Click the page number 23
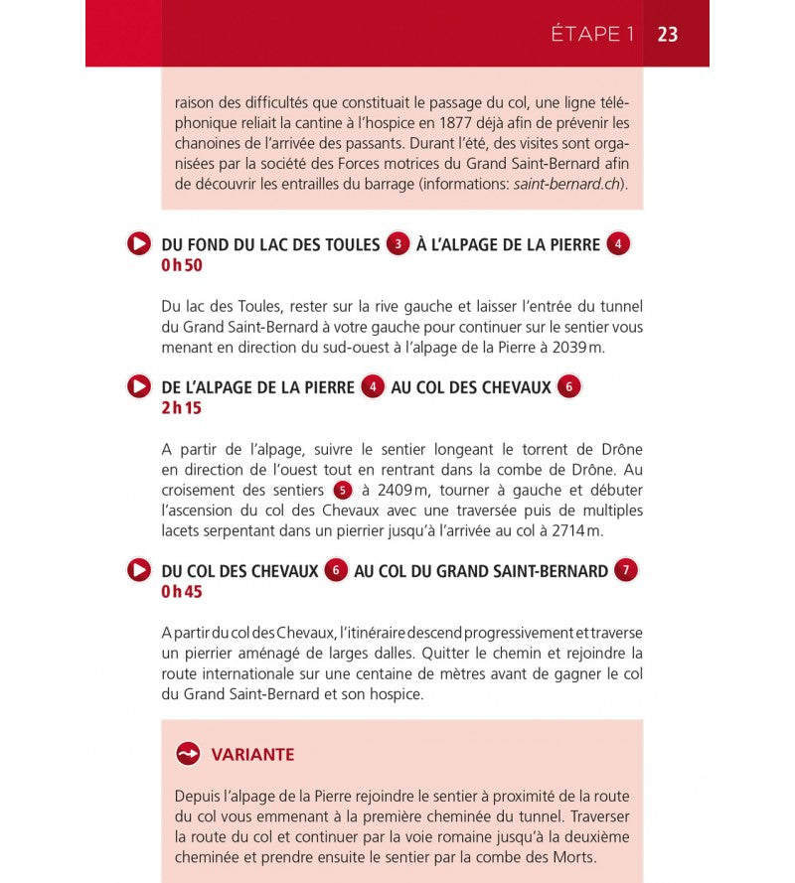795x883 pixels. (x=668, y=34)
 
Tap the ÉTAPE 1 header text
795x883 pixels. (x=592, y=34)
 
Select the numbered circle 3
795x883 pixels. (x=398, y=244)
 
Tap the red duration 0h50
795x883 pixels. (x=182, y=265)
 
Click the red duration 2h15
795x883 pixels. (x=182, y=408)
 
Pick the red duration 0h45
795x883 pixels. (x=182, y=592)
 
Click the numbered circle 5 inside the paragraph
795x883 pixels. (x=343, y=490)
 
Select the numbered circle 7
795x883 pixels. (x=625, y=571)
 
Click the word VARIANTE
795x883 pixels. (x=252, y=755)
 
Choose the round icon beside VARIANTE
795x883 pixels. (x=189, y=755)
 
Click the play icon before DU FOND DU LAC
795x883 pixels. (x=139, y=244)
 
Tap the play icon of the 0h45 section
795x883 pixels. (x=139, y=571)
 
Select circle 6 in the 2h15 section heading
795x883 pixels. (x=568, y=387)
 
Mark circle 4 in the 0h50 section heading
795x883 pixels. (x=619, y=244)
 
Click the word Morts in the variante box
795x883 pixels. (x=573, y=856)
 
